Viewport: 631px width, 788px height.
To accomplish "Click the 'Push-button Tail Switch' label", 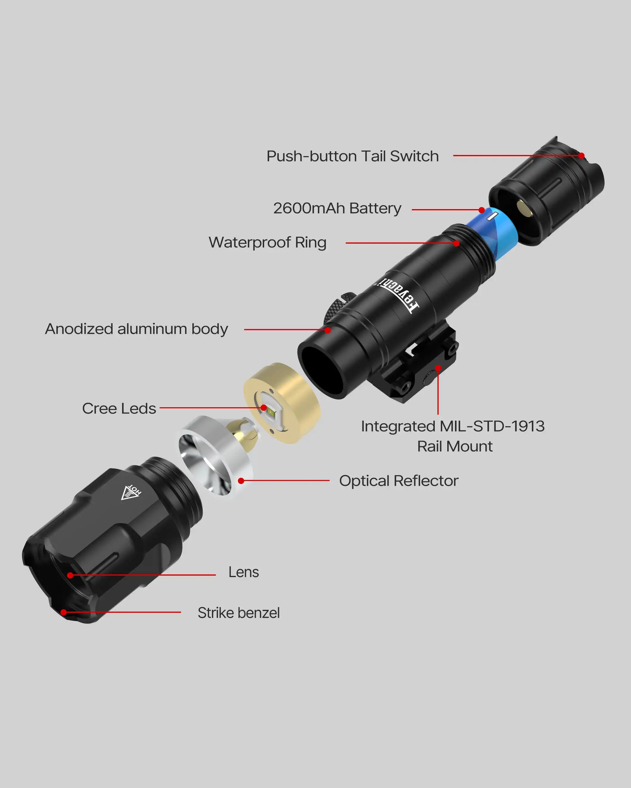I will pyautogui.click(x=352, y=156).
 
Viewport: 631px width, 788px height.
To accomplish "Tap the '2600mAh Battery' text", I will pyautogui.click(x=337, y=208).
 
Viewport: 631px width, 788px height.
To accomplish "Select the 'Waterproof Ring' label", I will pyautogui.click(x=267, y=242).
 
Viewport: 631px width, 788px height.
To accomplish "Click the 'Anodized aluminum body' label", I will pyautogui.click(x=136, y=329).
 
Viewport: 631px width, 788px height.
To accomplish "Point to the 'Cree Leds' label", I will pyautogui.click(x=119, y=408).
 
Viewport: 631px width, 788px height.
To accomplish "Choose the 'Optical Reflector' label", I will pyautogui.click(x=398, y=481).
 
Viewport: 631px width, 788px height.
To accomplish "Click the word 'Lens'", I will pyautogui.click(x=243, y=572).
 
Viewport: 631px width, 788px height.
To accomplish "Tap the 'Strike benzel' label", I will pyautogui.click(x=239, y=613).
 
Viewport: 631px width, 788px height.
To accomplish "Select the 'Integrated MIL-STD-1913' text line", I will pyautogui.click(x=453, y=426).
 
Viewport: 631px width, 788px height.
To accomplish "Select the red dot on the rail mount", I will pyautogui.click(x=438, y=368).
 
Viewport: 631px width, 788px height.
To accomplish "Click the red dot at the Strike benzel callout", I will pyautogui.click(x=64, y=612).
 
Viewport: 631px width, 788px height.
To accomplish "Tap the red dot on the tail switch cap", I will pyautogui.click(x=581, y=156).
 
